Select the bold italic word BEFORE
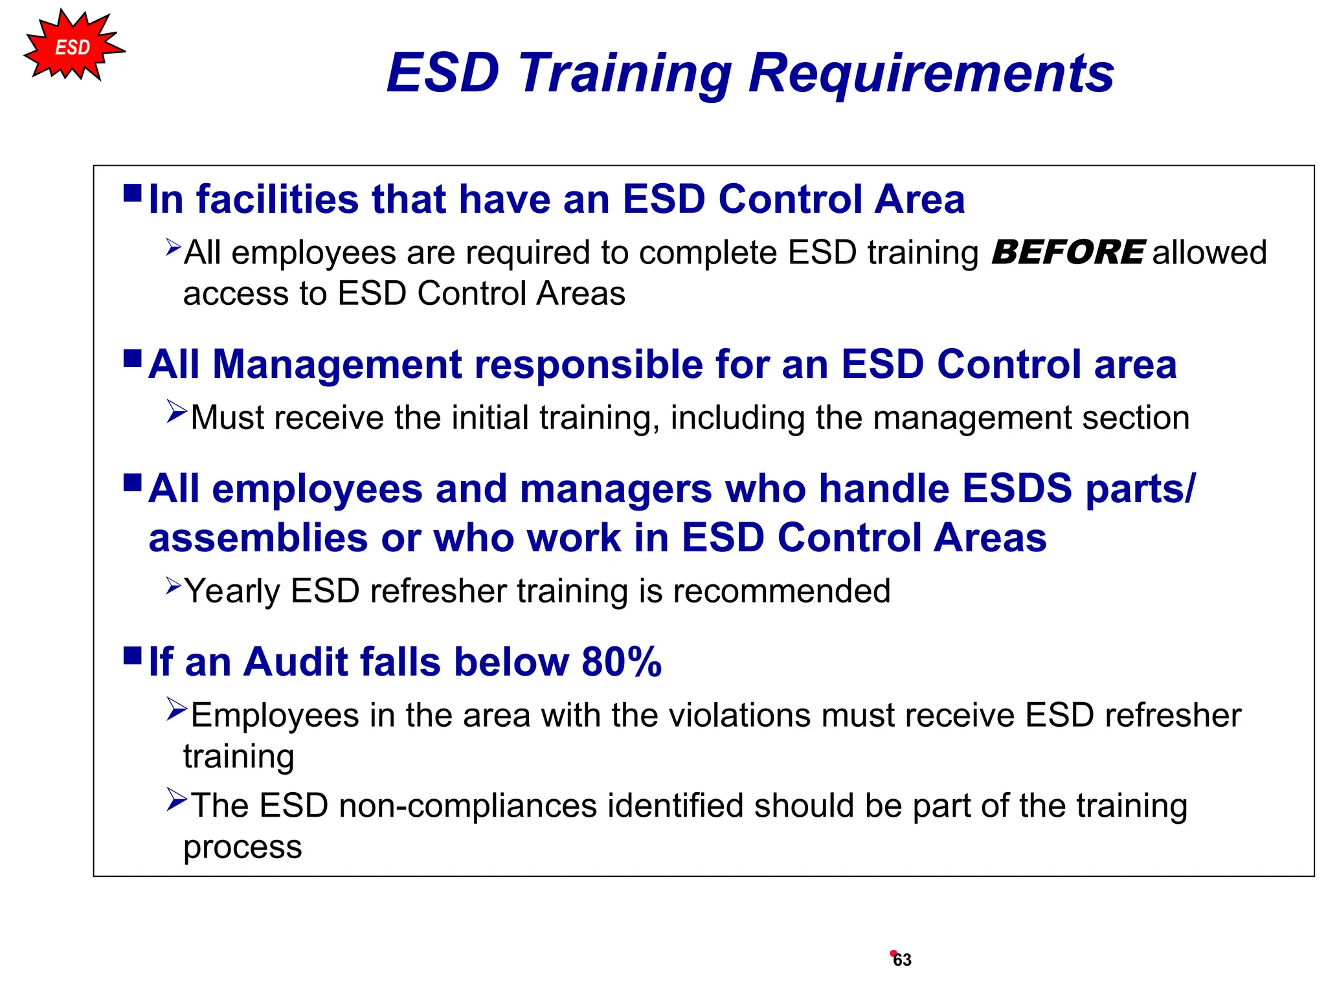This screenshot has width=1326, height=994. (x=1068, y=252)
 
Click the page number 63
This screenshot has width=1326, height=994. (x=902, y=960)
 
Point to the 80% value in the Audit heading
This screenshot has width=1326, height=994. (x=622, y=662)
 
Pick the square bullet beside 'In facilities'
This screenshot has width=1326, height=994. (x=133, y=193)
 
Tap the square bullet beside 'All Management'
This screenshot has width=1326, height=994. (x=133, y=358)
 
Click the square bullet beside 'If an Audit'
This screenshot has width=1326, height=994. (x=133, y=656)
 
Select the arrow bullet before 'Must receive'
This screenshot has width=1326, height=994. (x=176, y=412)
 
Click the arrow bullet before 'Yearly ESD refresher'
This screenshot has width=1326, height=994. (x=174, y=586)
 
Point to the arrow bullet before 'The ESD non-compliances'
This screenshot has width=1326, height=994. (x=176, y=800)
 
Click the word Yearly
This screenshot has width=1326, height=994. (x=232, y=591)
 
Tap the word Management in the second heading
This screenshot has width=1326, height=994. (x=337, y=364)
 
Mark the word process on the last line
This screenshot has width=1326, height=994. (x=243, y=848)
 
